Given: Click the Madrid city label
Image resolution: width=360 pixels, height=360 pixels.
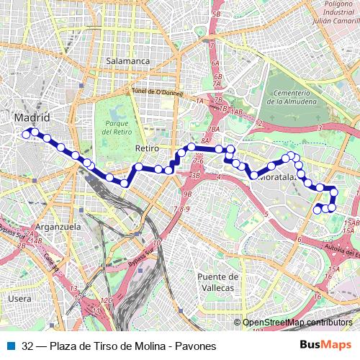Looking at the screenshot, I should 32,117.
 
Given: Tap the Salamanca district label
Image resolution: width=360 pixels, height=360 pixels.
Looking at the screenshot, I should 127,61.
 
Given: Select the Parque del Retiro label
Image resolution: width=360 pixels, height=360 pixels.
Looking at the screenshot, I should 115,127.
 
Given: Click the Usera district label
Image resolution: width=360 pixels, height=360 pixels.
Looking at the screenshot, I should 20,298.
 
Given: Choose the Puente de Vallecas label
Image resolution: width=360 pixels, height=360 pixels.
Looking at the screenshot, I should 217,282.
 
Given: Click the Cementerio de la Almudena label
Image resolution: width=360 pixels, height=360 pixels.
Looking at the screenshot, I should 291,97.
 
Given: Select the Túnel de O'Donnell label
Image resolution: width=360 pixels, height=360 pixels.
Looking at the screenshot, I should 157,91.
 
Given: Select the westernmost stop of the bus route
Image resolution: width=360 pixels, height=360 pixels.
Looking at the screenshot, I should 26,134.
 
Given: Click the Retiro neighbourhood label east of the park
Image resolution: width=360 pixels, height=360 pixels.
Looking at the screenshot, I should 146,148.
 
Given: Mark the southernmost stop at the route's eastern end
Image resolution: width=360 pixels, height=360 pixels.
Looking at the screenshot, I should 318,210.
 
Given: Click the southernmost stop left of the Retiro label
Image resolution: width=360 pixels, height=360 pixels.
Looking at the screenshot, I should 125,184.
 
